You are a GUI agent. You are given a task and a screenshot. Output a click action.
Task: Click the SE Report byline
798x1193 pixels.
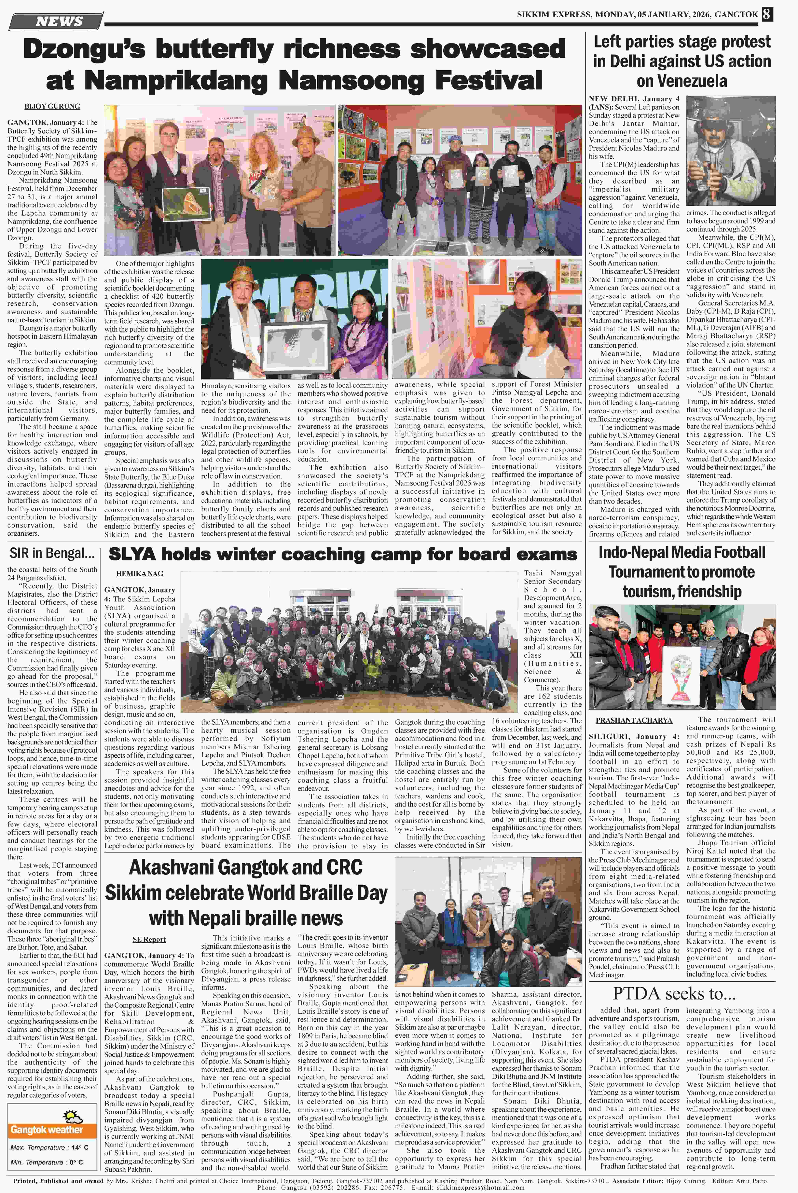coord(149,939)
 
